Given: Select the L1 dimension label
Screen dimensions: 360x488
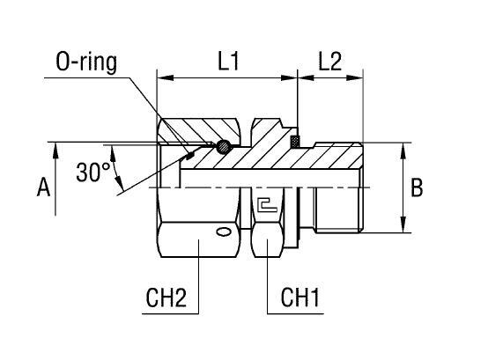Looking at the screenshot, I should click(227, 62).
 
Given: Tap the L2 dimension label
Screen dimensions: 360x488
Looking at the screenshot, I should click(331, 62).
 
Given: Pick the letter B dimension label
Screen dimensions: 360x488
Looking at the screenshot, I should click(418, 187).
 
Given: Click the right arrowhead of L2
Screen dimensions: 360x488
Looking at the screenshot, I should click(359, 77).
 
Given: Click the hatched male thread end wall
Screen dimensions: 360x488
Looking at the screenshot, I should click(335, 155).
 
